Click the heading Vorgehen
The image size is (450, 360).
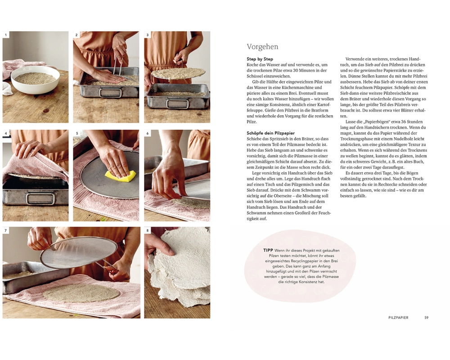pyautogui.click(x=262, y=46)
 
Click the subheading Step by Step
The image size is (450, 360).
pyautogui.click(x=260, y=59)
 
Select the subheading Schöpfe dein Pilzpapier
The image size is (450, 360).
pyautogui.click(x=270, y=133)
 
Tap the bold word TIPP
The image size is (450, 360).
pyautogui.click(x=268, y=250)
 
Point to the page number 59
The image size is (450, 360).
pyautogui.click(x=426, y=318)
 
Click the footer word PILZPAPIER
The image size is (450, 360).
pyautogui.click(x=398, y=318)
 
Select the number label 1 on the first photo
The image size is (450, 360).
pyautogui.click(x=6, y=35)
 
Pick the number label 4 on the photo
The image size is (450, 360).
pyautogui.click(x=6, y=133)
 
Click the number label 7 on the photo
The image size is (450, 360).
pyautogui.click(x=6, y=230)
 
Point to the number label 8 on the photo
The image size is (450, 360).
pyautogui.click(x=148, y=230)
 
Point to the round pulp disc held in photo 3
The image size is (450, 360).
pyautogui.click(x=178, y=73)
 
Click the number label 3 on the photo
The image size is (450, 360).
pyautogui.click(x=148, y=35)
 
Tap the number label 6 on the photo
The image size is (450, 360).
pyautogui.click(x=148, y=133)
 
